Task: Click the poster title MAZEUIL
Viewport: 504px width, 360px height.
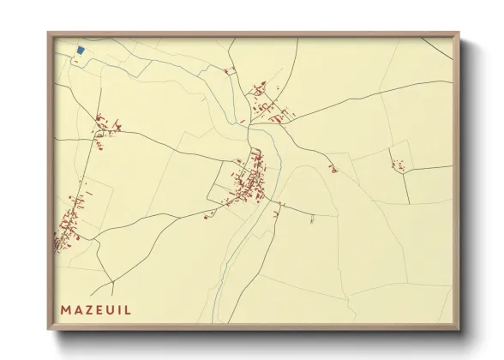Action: click(x=96, y=309)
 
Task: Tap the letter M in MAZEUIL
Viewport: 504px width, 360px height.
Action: click(x=66, y=309)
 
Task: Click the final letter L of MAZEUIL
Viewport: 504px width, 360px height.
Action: click(x=129, y=309)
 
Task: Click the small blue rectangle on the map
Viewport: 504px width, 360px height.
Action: click(x=81, y=51)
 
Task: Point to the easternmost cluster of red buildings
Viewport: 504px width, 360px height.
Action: click(x=398, y=164)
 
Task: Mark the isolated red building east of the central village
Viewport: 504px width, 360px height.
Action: click(x=333, y=169)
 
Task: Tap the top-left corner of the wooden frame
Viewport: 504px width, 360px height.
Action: click(x=48, y=34)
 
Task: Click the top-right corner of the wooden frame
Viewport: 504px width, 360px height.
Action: click(x=459, y=34)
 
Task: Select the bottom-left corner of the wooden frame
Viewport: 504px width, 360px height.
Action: click(x=48, y=330)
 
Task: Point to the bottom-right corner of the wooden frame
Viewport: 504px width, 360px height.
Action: click(x=459, y=330)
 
